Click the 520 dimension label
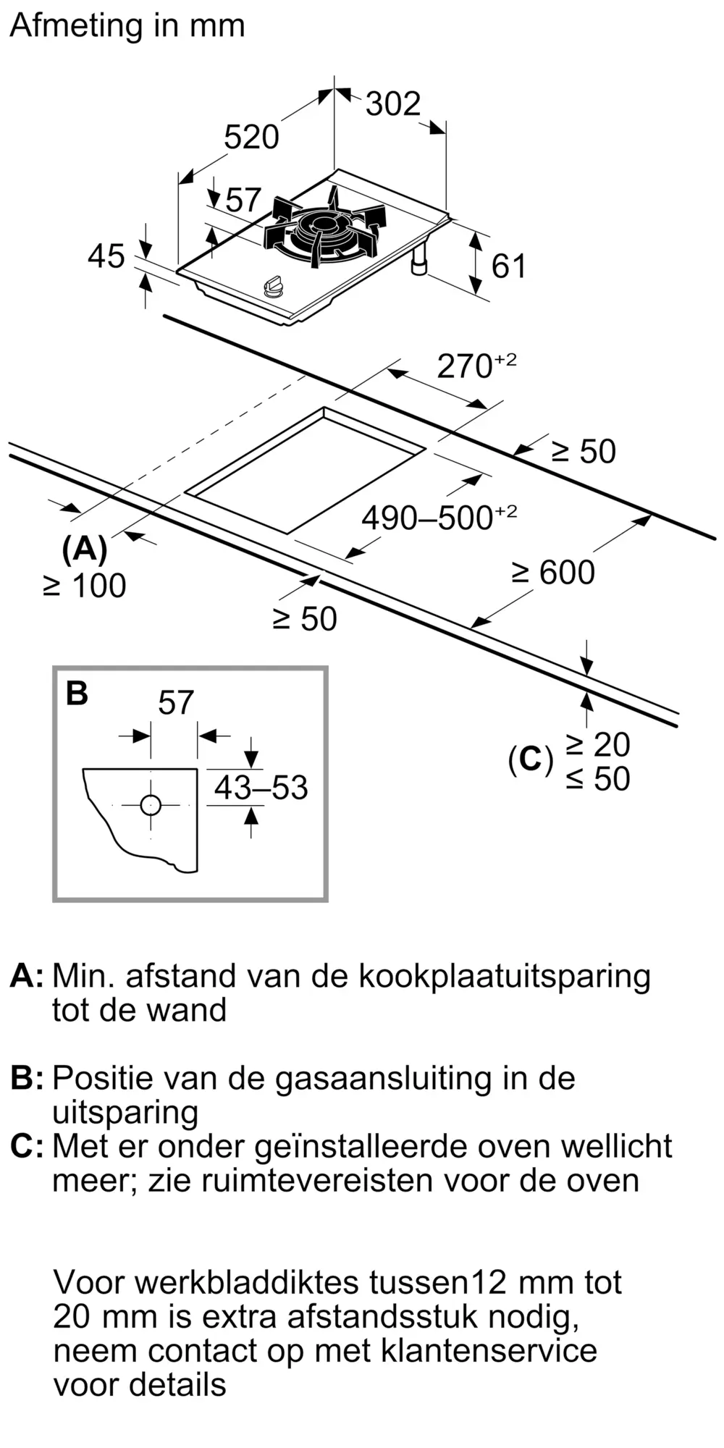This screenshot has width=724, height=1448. [x=251, y=137]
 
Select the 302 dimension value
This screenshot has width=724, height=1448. [x=393, y=104]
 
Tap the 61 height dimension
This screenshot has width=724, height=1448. [x=508, y=266]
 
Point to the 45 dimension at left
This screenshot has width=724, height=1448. [x=106, y=256]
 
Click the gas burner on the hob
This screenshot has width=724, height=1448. [x=325, y=227]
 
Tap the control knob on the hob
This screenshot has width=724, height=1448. [x=273, y=287]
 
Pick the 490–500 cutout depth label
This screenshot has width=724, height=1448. [x=439, y=517]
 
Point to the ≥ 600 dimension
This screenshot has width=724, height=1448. [x=553, y=572]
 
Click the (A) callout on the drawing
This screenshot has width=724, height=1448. [x=85, y=550]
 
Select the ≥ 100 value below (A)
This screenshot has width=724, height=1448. [x=85, y=586]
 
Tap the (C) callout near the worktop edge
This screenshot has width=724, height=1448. [x=530, y=759]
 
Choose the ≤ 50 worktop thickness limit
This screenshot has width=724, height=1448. [x=598, y=778]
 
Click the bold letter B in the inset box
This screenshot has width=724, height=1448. [x=77, y=693]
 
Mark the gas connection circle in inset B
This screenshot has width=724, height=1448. [x=151, y=805]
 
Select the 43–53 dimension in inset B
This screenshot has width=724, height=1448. [x=261, y=788]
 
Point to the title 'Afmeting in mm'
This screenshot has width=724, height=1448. [x=127, y=27]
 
